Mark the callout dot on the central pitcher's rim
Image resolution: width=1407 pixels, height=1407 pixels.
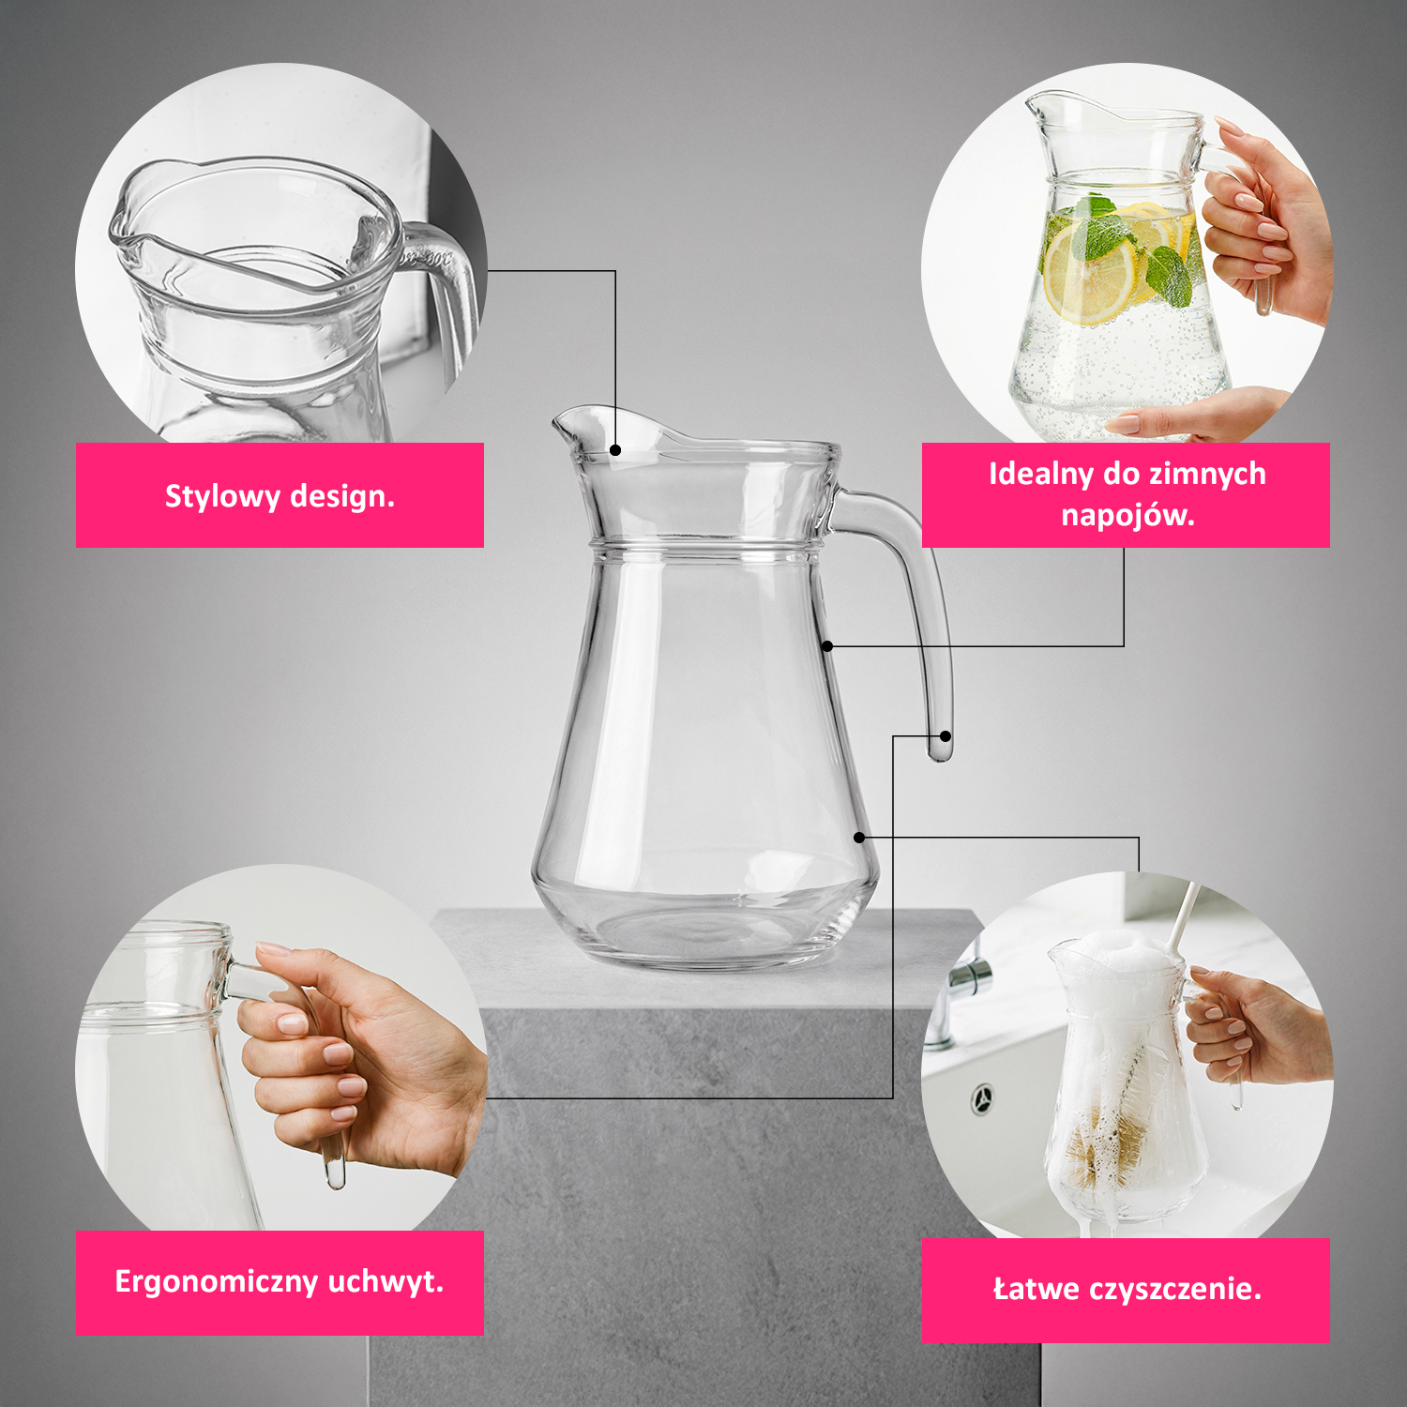point(615,450)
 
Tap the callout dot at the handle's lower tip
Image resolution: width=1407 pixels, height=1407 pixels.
point(946,736)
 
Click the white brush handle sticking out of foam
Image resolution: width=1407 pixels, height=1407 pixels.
point(1181,915)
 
